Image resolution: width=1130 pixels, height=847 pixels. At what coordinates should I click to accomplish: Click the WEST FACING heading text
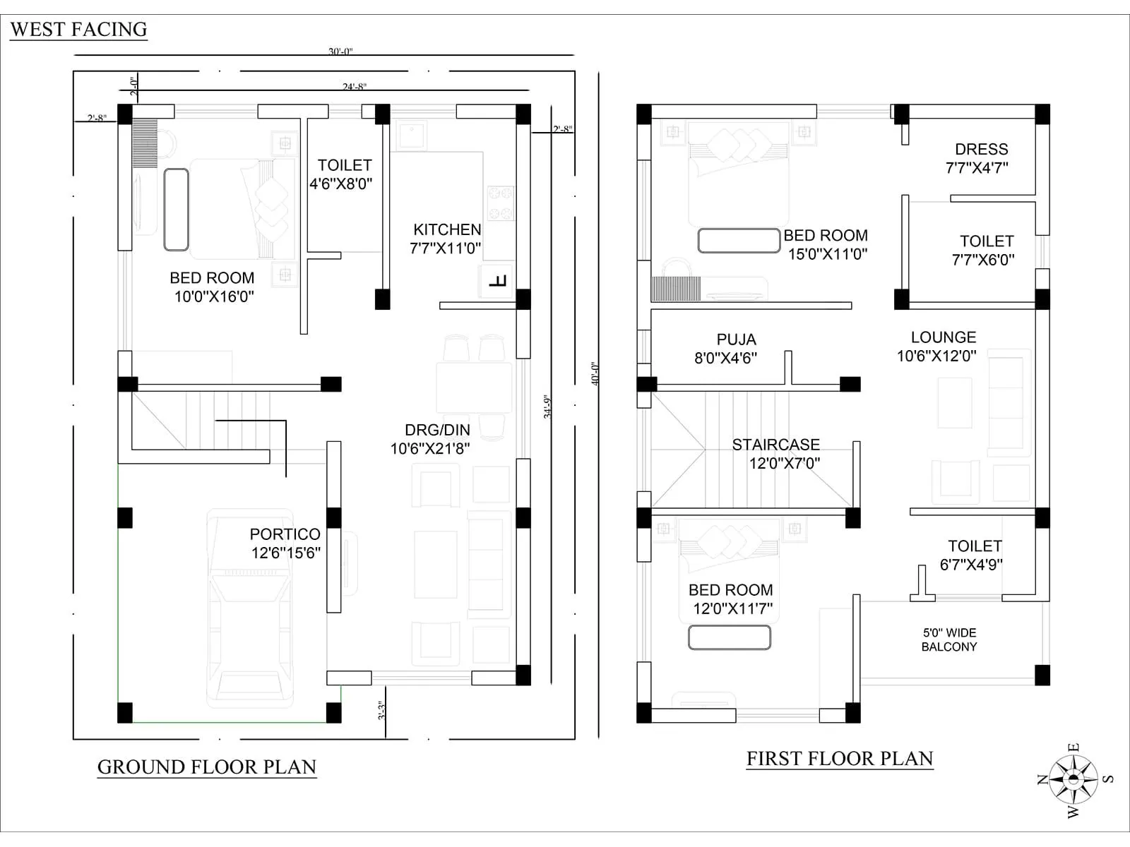[x=78, y=30]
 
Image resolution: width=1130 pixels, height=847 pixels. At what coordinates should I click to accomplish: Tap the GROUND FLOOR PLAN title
[x=206, y=767]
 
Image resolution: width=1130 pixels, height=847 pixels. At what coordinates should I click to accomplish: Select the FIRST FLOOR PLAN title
[x=840, y=759]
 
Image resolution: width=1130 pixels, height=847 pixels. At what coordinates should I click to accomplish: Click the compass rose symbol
[x=1073, y=779]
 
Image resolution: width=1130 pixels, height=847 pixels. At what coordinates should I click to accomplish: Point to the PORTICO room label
[x=285, y=543]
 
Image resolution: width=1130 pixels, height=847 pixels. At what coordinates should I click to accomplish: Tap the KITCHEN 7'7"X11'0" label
[x=446, y=239]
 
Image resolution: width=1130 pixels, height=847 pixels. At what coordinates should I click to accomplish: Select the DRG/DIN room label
[x=431, y=439]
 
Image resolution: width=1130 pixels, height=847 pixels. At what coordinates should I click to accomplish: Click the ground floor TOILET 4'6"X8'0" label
[x=342, y=174]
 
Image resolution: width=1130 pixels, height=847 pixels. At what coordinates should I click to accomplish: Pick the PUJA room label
[x=727, y=349]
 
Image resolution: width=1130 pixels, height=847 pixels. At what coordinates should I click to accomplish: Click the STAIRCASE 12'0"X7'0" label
[x=777, y=454]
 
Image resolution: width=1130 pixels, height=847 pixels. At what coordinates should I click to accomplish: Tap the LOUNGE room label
[x=939, y=347]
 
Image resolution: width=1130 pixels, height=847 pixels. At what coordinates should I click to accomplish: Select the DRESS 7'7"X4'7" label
[x=978, y=158]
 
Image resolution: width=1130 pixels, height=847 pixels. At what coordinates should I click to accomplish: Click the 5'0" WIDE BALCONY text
[x=949, y=639]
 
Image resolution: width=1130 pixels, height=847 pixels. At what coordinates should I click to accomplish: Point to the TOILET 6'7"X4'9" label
[x=973, y=555]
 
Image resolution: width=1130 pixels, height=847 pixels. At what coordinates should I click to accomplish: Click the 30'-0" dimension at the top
[x=340, y=52]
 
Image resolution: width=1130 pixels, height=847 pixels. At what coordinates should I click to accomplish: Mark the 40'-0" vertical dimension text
[x=594, y=373]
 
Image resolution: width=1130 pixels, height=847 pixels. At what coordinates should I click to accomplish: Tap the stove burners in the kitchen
[x=500, y=203]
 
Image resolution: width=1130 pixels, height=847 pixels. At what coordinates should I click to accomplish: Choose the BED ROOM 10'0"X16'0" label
[x=213, y=287]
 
